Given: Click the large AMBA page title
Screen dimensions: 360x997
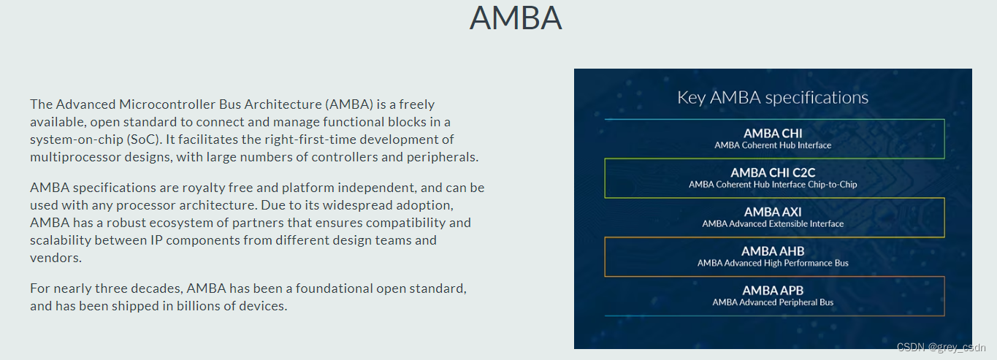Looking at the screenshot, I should pos(516,18).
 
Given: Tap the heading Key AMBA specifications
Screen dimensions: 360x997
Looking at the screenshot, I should pos(773,97).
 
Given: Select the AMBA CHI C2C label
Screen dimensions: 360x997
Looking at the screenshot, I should pos(773,172).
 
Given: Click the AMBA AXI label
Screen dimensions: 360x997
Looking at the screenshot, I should pos(773,212).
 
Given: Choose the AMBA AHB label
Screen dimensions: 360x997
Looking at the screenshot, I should pos(773,251).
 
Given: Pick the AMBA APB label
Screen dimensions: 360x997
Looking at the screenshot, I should pos(773,291).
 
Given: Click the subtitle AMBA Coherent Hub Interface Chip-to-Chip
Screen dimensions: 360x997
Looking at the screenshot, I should pos(773,185).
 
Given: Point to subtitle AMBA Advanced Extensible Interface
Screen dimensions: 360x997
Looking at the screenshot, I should pos(773,224).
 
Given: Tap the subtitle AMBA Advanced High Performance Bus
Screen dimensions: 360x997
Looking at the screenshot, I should pos(773,263).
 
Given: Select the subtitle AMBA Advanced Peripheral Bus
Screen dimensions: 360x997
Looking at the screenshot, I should pos(773,302).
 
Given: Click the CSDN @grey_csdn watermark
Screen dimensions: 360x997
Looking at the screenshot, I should pos(941,348).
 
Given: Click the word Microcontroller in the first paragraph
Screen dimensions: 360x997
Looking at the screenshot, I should pos(162,104).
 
